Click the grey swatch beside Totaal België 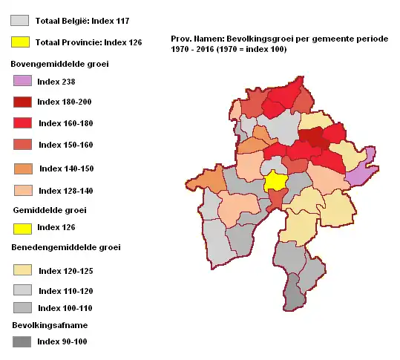coord(21,21)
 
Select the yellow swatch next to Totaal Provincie coord(21,42)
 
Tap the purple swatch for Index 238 coord(22,80)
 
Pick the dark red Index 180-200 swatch coord(22,102)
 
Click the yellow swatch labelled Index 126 coord(22,227)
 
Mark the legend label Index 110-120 coord(65,291)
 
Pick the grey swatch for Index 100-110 coord(22,307)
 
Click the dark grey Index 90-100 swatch coord(22,341)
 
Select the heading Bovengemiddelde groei coord(59,64)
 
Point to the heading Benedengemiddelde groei coord(65,246)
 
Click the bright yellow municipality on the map coord(275,181)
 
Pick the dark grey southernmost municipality coord(295,292)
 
